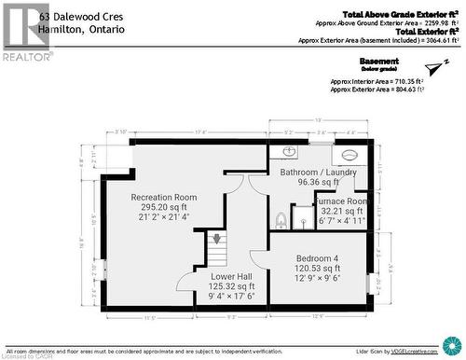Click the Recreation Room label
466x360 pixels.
pyautogui.click(x=164, y=197)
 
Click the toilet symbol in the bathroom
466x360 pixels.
pyautogui.click(x=281, y=219)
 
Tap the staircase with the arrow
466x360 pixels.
pyautogui.click(x=216, y=250)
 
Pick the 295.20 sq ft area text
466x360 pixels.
pyautogui.click(x=164, y=207)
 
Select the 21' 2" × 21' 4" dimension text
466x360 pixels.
pyautogui.click(x=164, y=217)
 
